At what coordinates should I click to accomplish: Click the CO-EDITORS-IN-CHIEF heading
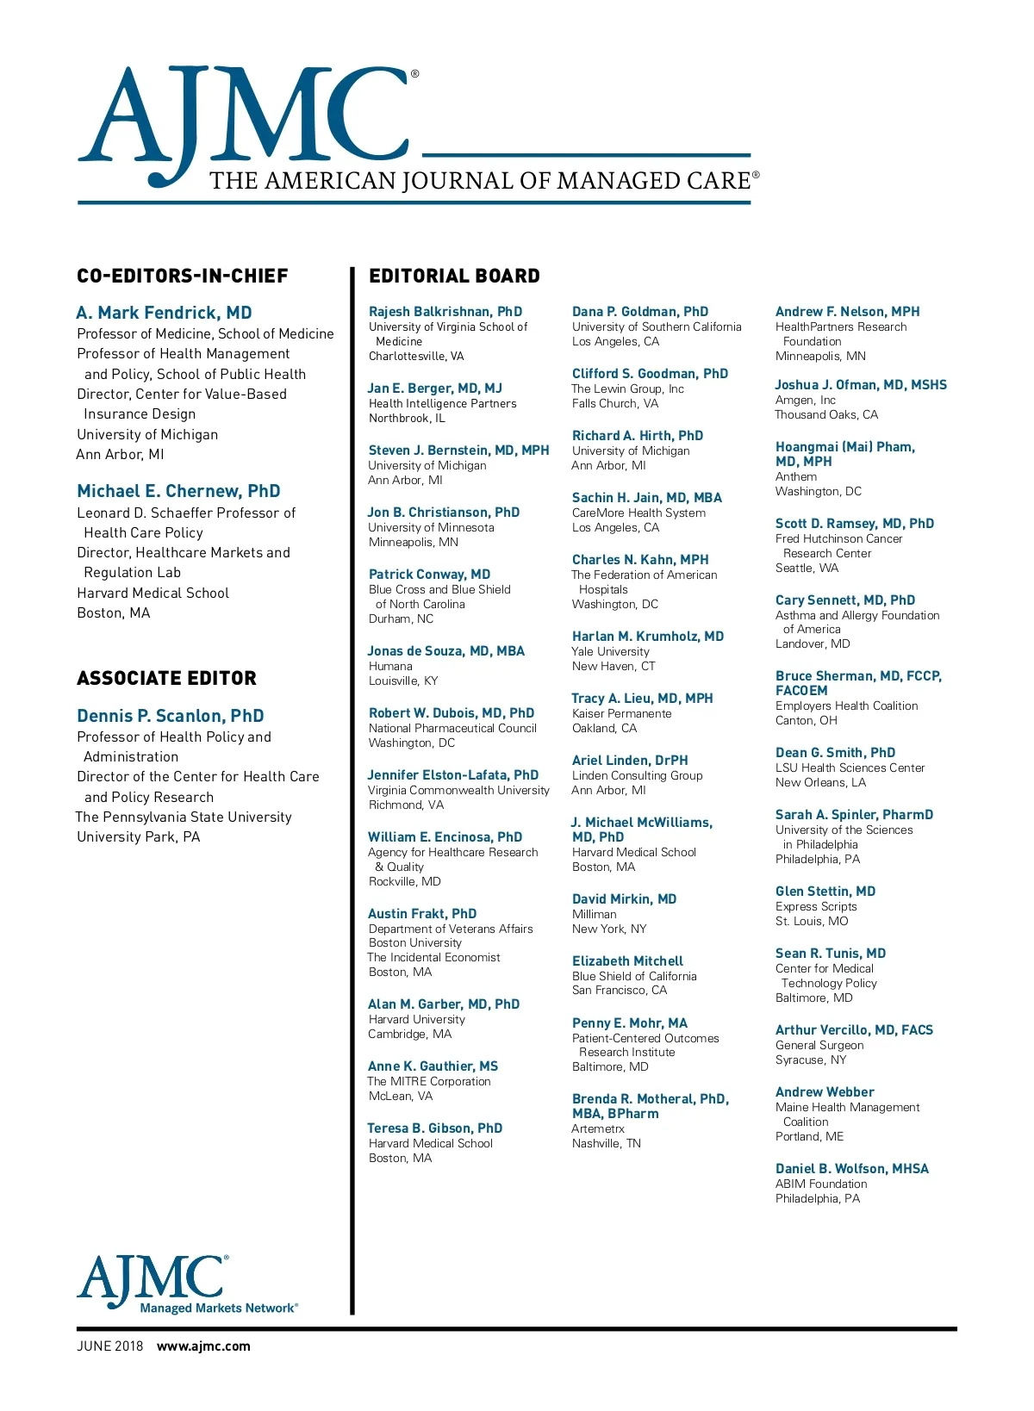[x=183, y=277]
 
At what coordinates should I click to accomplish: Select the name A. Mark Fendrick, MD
[x=164, y=313]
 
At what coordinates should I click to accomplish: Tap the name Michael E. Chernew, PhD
[x=178, y=491]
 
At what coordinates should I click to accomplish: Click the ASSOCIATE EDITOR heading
[x=166, y=679]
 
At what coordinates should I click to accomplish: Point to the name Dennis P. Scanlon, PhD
[x=171, y=716]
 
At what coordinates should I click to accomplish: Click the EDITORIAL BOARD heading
[x=454, y=277]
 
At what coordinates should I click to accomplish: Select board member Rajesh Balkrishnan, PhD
[x=445, y=312]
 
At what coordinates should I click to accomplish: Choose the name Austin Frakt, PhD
[x=422, y=914]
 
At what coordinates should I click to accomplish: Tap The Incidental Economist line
[x=433, y=958]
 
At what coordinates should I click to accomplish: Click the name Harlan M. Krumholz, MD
[x=648, y=637]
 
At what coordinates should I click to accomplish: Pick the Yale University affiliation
[x=611, y=652]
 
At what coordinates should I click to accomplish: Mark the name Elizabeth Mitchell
[x=627, y=961]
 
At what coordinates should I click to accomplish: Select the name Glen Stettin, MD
[x=825, y=892]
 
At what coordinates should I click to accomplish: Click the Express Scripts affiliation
[x=816, y=907]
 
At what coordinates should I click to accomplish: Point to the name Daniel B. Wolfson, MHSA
[x=852, y=1169]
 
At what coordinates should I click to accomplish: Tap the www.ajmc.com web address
[x=203, y=1346]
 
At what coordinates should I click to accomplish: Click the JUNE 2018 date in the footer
[x=110, y=1346]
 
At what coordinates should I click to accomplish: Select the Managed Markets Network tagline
[x=219, y=1308]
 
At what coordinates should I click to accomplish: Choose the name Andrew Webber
[x=825, y=1092]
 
